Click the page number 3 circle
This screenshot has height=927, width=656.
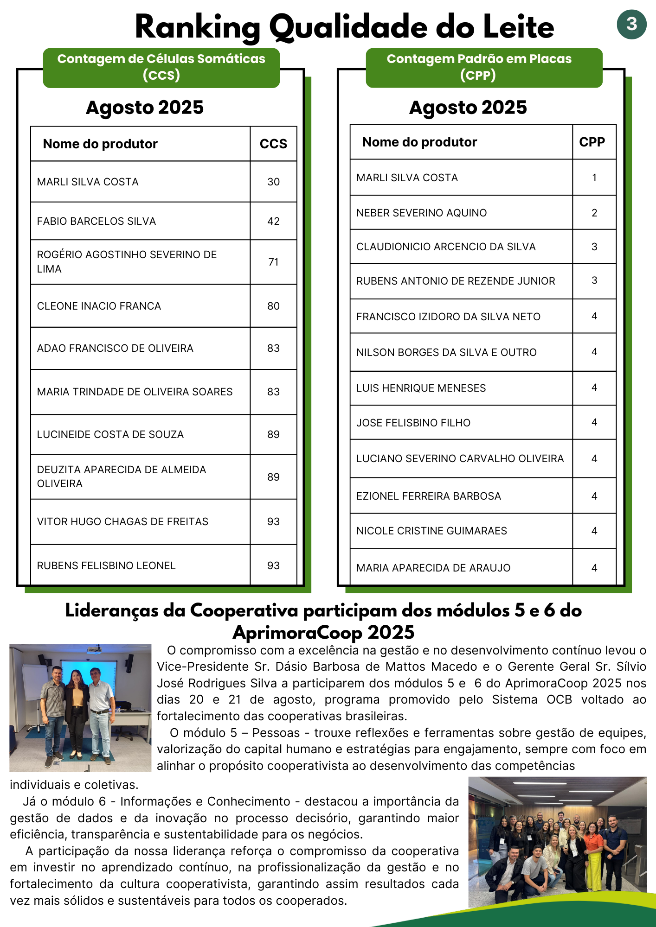coord(631,24)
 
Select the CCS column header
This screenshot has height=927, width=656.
coord(273,144)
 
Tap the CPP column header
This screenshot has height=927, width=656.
coord(592,142)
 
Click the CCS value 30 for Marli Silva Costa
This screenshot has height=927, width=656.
coord(273,182)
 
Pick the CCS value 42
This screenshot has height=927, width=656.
coord(273,222)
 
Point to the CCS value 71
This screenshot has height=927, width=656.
coord(273,262)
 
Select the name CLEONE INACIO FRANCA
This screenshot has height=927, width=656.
coord(99,306)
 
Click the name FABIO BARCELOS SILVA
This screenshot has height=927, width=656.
coord(96,222)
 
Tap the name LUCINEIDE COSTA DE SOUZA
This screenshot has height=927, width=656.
coord(110,434)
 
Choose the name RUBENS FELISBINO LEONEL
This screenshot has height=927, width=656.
coord(106,565)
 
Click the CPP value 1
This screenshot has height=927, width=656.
coord(594,178)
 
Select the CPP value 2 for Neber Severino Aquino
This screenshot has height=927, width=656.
coord(594,213)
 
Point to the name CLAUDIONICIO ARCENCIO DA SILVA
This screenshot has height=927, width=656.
coord(446,247)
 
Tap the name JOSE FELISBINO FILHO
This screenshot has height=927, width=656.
coord(413,423)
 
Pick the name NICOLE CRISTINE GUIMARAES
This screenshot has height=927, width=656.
coord(431,531)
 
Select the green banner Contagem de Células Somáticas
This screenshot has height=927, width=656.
coord(161,67)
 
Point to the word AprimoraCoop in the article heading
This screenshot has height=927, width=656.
coord(297,632)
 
